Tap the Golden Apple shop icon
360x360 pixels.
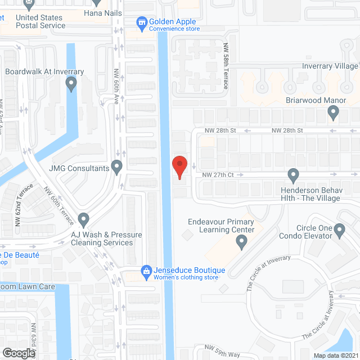click(141, 22)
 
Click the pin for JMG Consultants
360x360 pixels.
click(117, 167)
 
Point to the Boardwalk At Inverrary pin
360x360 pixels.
click(71, 85)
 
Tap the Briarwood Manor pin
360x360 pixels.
click(334, 114)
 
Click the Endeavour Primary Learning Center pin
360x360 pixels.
click(241, 242)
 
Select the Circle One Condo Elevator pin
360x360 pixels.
click(339, 230)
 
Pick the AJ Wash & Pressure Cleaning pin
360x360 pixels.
click(83, 219)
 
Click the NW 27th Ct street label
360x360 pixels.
click(219, 175)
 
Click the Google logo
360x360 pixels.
click(18, 353)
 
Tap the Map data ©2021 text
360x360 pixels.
click(335, 355)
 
